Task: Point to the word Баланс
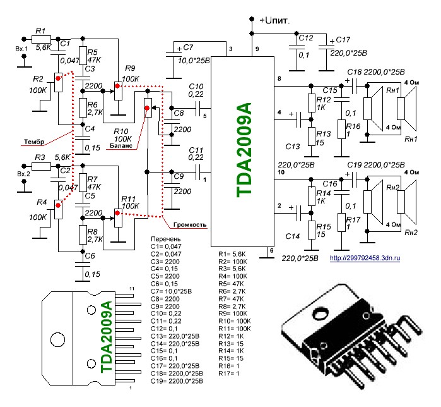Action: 121,147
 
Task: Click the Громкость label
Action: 191,224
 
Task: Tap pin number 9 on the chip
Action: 257,49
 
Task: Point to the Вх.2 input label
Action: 23,174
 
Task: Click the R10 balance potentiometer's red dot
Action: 148,109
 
